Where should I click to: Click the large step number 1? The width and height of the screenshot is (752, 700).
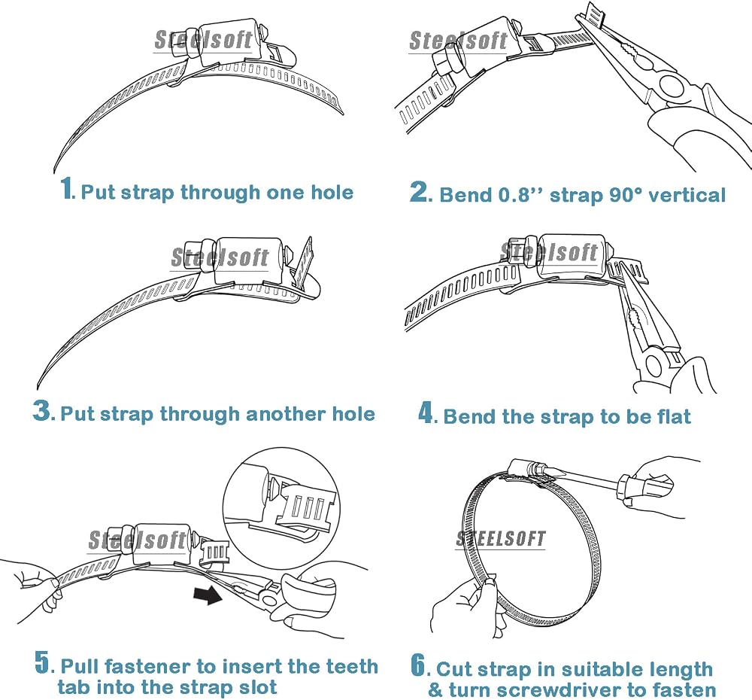pos(67,188)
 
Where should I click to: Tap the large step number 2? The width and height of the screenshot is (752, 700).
pos(420,191)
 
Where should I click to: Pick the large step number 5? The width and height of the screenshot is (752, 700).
pos(43,662)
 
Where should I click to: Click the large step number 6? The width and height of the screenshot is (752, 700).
pos(419,665)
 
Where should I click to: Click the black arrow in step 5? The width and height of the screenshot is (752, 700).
pos(208,595)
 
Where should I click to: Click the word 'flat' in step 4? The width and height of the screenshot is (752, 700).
pos(674,416)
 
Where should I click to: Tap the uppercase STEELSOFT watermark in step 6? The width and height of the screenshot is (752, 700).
pos(501,539)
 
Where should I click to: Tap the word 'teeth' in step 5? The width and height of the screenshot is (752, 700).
pos(351,666)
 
